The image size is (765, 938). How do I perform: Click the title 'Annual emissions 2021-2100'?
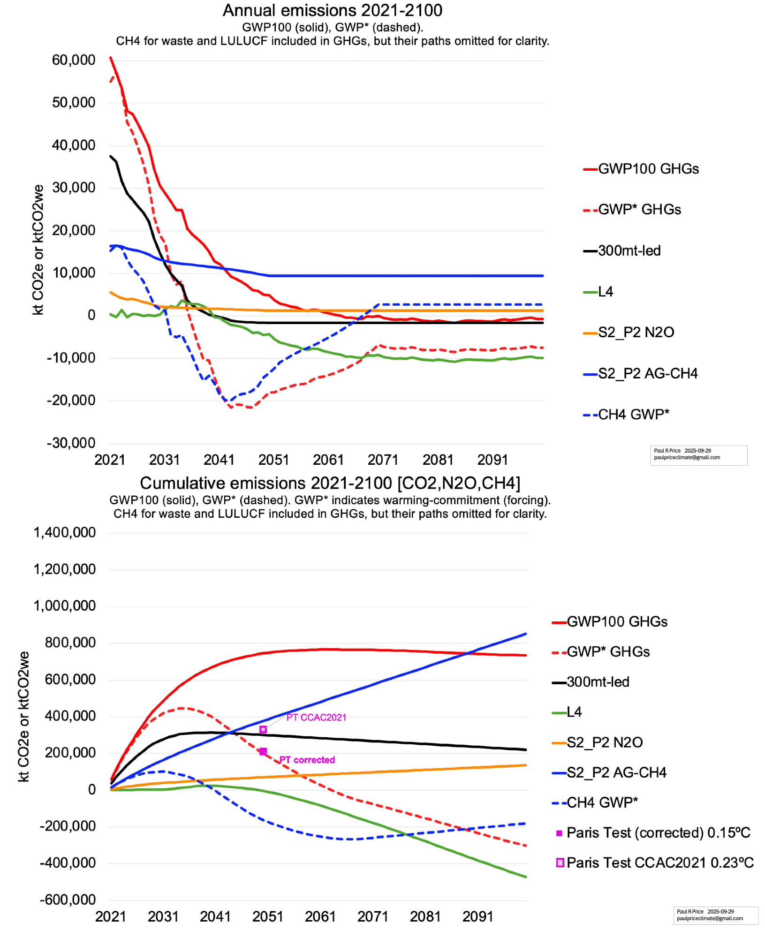[332, 10]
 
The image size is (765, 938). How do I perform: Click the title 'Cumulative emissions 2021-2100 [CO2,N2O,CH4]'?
[330, 483]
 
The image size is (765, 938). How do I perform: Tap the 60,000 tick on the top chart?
[74, 60]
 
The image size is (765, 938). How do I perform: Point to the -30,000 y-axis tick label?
[71, 443]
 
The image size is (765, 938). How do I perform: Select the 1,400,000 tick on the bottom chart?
[65, 532]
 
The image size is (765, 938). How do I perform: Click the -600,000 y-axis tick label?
[68, 899]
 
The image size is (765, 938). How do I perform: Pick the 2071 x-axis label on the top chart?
[383, 460]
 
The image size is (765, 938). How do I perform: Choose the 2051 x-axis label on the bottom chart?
[268, 916]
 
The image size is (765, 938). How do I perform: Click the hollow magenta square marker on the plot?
[263, 729]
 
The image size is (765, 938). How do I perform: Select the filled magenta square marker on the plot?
[263, 751]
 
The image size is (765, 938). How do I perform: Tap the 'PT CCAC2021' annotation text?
[316, 717]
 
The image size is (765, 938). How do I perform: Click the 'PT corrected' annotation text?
[307, 759]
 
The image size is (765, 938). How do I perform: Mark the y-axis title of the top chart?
[38, 250]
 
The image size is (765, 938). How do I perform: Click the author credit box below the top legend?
[698, 455]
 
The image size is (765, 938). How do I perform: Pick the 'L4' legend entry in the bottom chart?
[574, 712]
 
